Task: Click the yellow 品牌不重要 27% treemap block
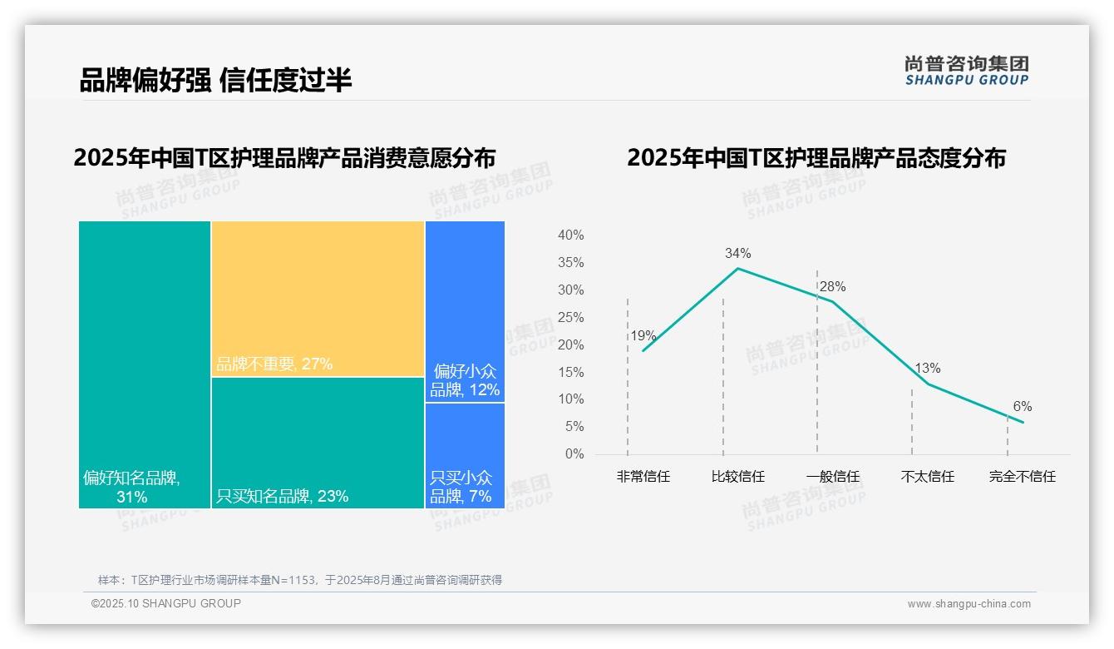pyautogui.click(x=318, y=299)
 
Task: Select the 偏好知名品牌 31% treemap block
pyautogui.click(x=145, y=364)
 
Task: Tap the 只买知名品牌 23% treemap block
pyautogui.click(x=318, y=443)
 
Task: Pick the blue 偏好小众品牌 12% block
pyautogui.click(x=465, y=311)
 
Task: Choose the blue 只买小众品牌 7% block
pyautogui.click(x=465, y=455)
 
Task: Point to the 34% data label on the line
pyautogui.click(x=737, y=253)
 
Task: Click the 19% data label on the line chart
pyautogui.click(x=643, y=336)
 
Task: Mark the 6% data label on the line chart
pyautogui.click(x=1022, y=406)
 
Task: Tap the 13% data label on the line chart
pyautogui.click(x=927, y=368)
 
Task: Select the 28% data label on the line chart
pyautogui.click(x=832, y=286)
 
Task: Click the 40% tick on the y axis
pyautogui.click(x=570, y=235)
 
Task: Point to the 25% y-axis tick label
pyautogui.click(x=570, y=317)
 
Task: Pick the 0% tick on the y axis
pyautogui.click(x=574, y=454)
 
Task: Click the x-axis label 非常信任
pyautogui.click(x=643, y=477)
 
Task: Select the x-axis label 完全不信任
pyautogui.click(x=1022, y=477)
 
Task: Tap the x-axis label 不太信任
pyautogui.click(x=927, y=477)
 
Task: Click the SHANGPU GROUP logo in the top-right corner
pyautogui.click(x=966, y=70)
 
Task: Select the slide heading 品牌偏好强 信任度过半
pyautogui.click(x=215, y=80)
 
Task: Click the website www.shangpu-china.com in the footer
pyautogui.click(x=969, y=604)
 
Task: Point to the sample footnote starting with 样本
pyautogui.click(x=300, y=580)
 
